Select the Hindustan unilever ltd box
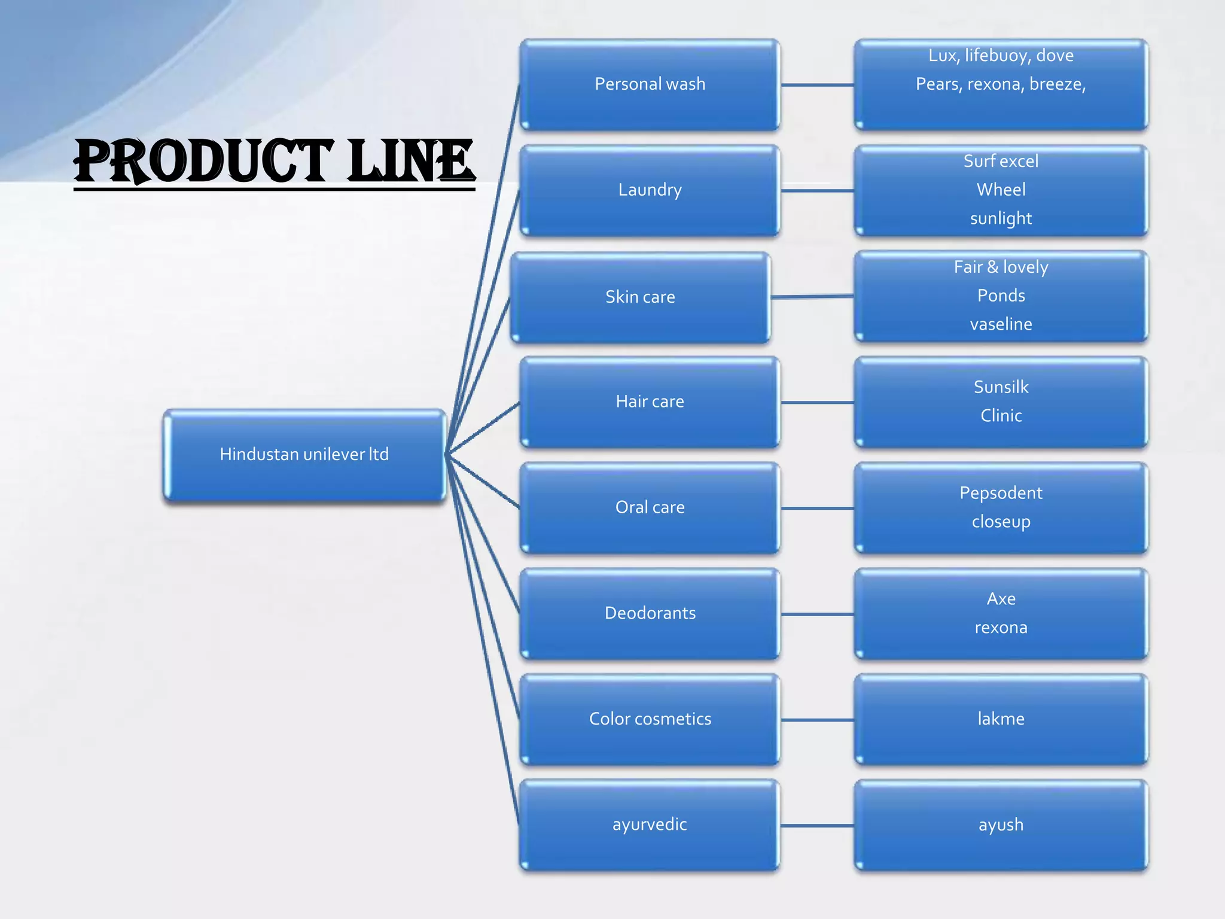304,455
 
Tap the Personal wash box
650,84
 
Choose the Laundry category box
650,190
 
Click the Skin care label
640,297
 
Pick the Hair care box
650,401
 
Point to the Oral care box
650,507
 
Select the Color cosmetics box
650,719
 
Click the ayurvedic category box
650,824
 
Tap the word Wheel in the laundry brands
1001,190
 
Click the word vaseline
1001,324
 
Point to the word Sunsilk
1001,387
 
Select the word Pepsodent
1001,493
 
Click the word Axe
1001,599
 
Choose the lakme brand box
1001,719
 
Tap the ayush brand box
1001,825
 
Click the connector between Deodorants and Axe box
817,614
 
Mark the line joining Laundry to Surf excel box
817,191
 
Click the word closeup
1001,522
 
